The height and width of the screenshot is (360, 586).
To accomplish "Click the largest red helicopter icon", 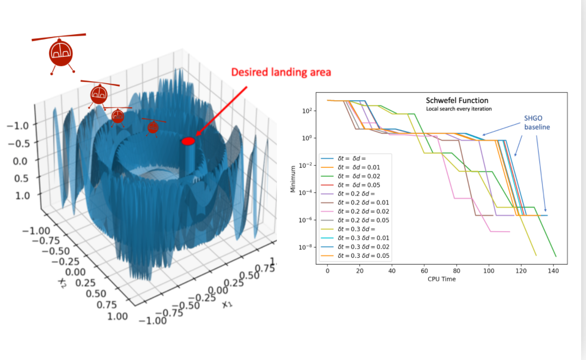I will point(60,53).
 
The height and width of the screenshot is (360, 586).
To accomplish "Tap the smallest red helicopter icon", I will point(153,126).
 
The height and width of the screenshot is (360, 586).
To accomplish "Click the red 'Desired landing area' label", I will point(281,72).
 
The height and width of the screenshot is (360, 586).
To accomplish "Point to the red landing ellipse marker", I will point(188,141).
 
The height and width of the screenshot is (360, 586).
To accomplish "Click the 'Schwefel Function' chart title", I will point(457,101).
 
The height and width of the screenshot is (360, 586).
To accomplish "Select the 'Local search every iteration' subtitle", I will point(458,109).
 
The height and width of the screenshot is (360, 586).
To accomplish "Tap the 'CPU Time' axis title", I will point(441,279).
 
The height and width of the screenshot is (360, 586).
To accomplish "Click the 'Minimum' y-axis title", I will point(293,179).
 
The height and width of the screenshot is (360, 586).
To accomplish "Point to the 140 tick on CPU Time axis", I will point(553,270).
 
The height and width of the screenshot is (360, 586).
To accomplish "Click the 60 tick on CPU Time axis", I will point(424,270).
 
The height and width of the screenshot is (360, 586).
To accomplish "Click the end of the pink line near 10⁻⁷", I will point(509,232).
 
